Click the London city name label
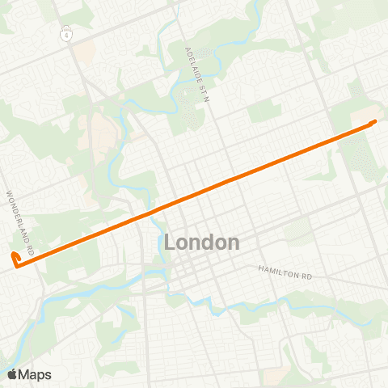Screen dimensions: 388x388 click(x=201, y=242)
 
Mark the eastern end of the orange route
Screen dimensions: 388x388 click(x=375, y=121)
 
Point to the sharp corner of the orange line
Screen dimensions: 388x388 click(x=17, y=264)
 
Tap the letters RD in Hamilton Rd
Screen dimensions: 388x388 click(x=305, y=275)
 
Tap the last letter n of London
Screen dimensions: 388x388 click(x=234, y=242)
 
